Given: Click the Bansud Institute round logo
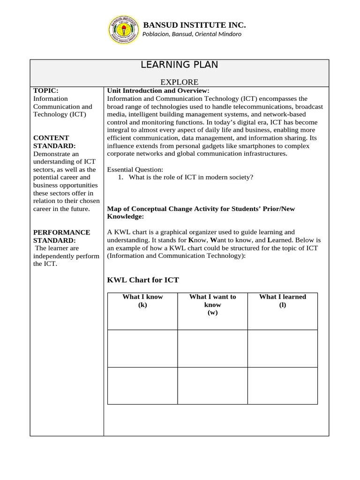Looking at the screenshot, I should pyautogui.click(x=124, y=29).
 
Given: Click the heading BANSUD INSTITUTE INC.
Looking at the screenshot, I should pyautogui.click(x=194, y=25).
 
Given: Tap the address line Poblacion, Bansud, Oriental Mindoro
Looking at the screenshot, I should pyautogui.click(x=192, y=34).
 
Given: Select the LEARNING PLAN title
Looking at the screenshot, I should pyautogui.click(x=180, y=65).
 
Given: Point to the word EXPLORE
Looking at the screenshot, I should pyautogui.click(x=180, y=82).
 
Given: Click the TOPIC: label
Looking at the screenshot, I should pyautogui.click(x=46, y=90).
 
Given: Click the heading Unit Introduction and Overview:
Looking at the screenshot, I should pyautogui.click(x=158, y=90).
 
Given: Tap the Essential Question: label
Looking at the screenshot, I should pyautogui.click(x=135, y=169).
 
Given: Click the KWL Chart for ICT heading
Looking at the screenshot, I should pyautogui.click(x=143, y=280).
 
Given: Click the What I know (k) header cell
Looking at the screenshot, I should pyautogui.click(x=142, y=300).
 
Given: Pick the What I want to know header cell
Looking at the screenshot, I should pyautogui.click(x=212, y=305).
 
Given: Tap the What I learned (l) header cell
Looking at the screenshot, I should pyautogui.click(x=282, y=300).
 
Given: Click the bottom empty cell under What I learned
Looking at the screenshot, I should pyautogui.click(x=282, y=385).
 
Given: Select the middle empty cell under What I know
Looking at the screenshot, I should pyautogui.click(x=142, y=348).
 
